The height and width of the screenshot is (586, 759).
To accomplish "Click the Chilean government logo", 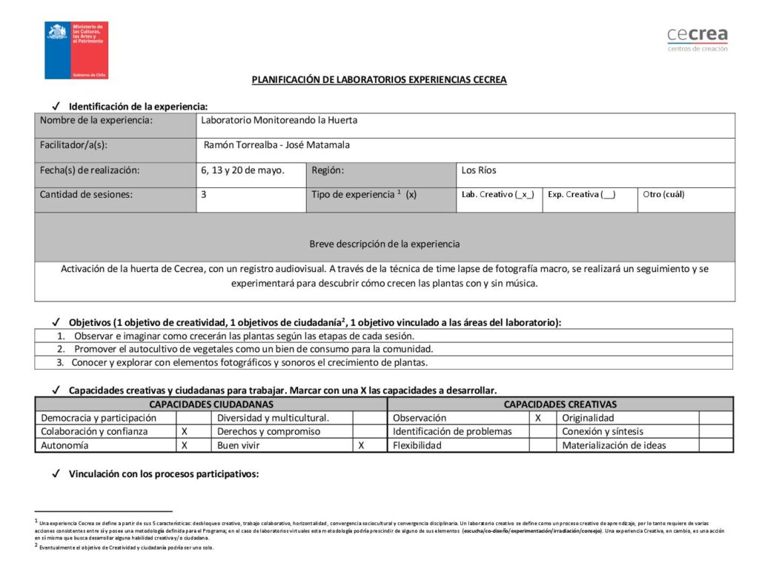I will coord(76,50).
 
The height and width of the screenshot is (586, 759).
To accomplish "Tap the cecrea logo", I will coord(697,39).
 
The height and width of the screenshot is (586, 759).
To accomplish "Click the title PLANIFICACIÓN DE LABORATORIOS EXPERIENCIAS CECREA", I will coord(379,80).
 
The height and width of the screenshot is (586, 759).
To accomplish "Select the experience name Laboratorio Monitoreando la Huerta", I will coord(279,120).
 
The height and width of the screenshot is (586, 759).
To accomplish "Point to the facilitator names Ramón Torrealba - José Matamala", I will coord(276,145).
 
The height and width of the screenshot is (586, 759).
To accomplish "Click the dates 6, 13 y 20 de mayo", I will coord(242,170).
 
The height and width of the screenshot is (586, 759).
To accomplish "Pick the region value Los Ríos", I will coord(479,170).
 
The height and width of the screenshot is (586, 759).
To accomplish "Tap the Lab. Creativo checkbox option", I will coord(498,195).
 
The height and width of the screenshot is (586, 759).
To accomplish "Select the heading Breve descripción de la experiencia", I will coord(384,244).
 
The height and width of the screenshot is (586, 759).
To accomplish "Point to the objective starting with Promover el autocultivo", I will coord(253,349).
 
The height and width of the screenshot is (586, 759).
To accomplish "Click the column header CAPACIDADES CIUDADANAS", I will coord(211,404).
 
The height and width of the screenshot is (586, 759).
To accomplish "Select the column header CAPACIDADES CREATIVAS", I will coord(560,404).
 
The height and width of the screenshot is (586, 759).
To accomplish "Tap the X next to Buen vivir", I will coord(361,446).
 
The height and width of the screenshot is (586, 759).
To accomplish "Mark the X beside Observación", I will coord(538,418).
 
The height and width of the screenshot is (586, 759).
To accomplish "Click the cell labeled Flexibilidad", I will coord(417,446).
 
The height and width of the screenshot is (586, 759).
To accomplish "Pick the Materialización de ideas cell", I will coord(614,446).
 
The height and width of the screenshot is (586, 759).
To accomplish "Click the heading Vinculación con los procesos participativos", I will coord(163,475).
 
